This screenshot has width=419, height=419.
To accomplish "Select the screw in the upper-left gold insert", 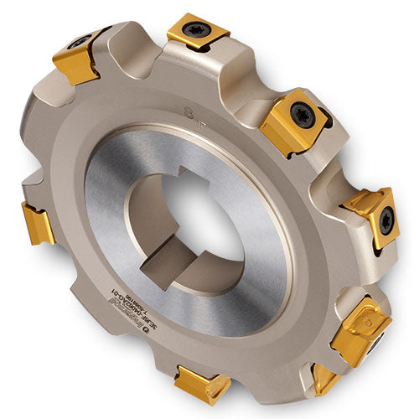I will (x=80, y=42).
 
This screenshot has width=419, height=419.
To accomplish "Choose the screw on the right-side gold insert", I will (x=385, y=220).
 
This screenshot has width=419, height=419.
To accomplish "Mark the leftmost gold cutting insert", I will (x=38, y=224).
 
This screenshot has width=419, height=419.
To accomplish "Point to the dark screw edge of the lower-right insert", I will (x=378, y=340).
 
